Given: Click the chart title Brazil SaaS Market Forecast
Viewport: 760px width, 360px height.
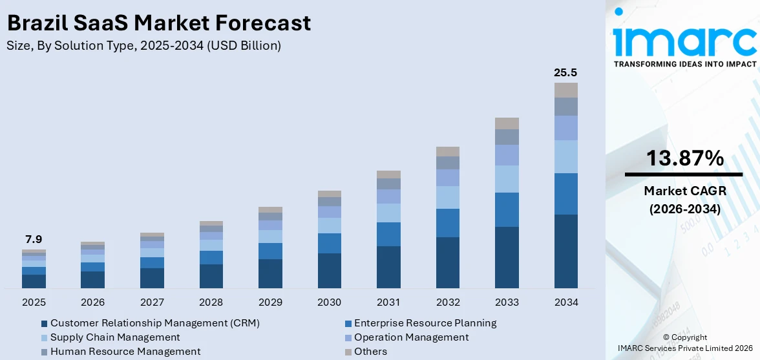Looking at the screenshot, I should click(159, 23).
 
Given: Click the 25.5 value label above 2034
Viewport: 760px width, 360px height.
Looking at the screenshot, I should click(565, 72).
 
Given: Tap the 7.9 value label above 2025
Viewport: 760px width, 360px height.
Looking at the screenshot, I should click(34, 240).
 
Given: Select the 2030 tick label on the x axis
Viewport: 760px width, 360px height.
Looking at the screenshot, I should click(329, 302).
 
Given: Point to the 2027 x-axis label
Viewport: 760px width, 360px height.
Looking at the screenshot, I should click(152, 302).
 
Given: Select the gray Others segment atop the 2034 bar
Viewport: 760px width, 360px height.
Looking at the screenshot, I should click(565, 90).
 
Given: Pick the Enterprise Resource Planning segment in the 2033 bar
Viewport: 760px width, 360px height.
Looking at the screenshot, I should click(507, 209).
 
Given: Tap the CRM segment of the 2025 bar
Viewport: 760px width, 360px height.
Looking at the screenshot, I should click(34, 281).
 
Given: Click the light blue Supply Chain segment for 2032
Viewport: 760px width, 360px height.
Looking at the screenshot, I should click(447, 197).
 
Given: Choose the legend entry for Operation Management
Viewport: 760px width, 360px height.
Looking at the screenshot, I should click(411, 337).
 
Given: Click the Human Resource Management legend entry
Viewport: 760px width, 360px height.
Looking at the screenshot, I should click(125, 352).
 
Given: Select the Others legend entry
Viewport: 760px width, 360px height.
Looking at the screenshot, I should click(370, 352).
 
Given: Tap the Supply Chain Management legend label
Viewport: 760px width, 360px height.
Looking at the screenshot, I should click(115, 337).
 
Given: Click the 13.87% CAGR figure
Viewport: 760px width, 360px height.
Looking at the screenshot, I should click(684, 158).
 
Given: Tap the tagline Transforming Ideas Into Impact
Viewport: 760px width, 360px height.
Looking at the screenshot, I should click(684, 64).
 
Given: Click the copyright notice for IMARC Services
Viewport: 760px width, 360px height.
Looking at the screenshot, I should click(684, 343).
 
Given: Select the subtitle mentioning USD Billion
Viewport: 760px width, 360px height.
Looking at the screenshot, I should click(143, 45).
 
